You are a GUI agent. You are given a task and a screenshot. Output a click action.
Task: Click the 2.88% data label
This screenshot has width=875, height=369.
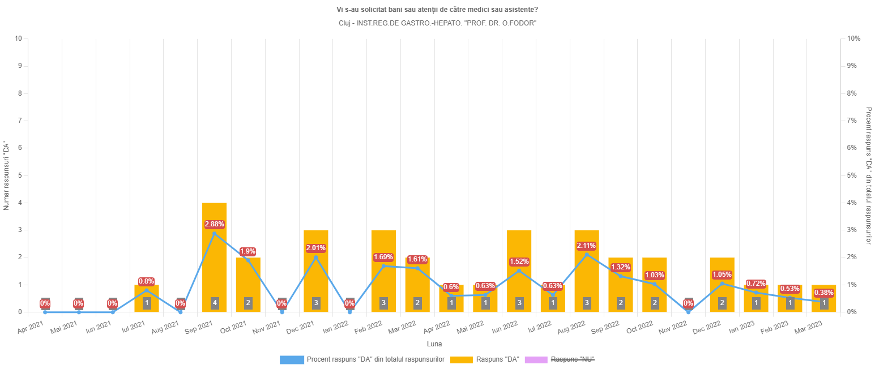[214, 224]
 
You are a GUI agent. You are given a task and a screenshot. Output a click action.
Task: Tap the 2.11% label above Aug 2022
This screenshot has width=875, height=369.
[586, 246]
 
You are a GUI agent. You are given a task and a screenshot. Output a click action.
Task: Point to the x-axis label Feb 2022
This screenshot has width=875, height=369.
[368, 328]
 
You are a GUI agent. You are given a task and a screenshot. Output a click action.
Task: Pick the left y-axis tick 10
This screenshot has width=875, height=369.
[19, 38]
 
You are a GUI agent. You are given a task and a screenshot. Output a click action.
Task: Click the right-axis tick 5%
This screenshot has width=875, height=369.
[851, 175]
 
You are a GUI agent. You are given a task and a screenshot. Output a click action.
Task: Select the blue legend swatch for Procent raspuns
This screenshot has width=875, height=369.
[292, 360]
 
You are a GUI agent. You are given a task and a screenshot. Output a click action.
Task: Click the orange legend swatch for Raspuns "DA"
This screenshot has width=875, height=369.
[460, 360]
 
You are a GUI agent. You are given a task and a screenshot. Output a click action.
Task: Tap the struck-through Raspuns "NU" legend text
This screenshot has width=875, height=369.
[573, 360]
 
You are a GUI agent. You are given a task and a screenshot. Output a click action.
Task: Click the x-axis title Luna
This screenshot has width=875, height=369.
[434, 344]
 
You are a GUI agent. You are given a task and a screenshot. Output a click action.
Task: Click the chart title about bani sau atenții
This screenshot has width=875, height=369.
[437, 10]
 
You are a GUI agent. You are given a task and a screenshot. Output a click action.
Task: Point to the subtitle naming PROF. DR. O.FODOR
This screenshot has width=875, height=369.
[437, 23]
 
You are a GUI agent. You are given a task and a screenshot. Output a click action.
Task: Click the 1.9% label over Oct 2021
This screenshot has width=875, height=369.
[247, 251]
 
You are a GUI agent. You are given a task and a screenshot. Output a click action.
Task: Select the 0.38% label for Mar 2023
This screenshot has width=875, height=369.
[823, 293]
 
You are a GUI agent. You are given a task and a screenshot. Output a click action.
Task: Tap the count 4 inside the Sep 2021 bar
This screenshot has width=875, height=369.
[214, 303]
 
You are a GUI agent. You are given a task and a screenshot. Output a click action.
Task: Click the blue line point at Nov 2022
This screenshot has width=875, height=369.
[688, 312]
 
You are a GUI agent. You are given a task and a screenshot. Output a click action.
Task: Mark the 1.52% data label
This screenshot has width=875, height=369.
[519, 261]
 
